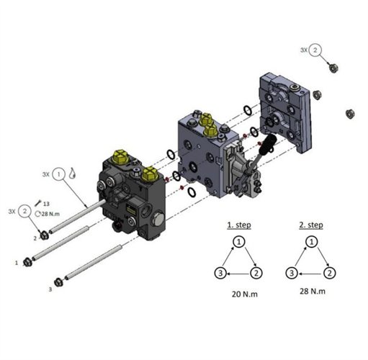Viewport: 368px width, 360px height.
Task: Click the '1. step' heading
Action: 239,225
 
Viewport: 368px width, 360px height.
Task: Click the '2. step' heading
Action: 311,225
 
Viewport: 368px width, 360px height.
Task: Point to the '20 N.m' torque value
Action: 245,294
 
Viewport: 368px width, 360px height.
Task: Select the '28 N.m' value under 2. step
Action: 313,291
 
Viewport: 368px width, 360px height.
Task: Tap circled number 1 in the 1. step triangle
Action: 239,242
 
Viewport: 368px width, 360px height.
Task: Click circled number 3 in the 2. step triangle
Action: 292,273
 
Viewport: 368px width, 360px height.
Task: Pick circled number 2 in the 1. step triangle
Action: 256,273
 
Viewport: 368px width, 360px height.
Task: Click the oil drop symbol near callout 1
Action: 72,173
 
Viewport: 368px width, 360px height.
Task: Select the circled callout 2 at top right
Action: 315,50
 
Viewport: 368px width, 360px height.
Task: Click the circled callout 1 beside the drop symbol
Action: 59,174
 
